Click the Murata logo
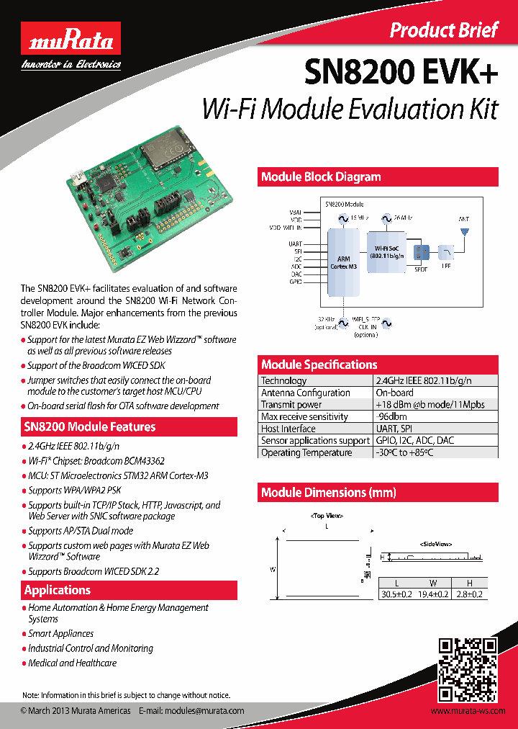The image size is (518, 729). [70, 40]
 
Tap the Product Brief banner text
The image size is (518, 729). [443, 30]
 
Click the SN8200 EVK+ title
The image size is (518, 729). [401, 73]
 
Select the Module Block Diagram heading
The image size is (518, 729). [321, 177]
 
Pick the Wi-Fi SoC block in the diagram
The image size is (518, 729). [387, 251]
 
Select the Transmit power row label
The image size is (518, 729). [291, 405]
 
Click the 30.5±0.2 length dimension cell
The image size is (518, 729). [396, 594]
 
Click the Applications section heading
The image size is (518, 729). [58, 591]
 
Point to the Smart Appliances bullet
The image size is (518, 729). [61, 633]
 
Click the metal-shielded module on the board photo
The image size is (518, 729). [165, 149]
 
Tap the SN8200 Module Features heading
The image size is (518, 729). [90, 427]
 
